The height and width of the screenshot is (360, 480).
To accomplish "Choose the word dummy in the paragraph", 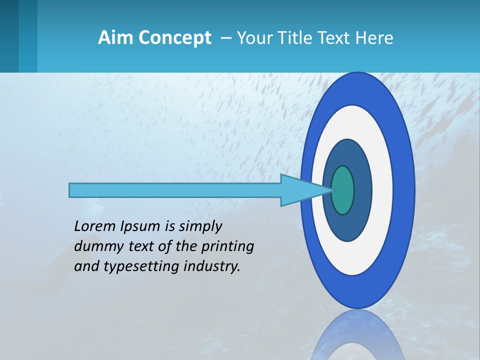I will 96,246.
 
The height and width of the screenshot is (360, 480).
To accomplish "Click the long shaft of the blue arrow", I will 175,190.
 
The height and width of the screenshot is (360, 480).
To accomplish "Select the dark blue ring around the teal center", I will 362,190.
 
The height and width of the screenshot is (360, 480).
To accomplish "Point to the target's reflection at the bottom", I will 357,335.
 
